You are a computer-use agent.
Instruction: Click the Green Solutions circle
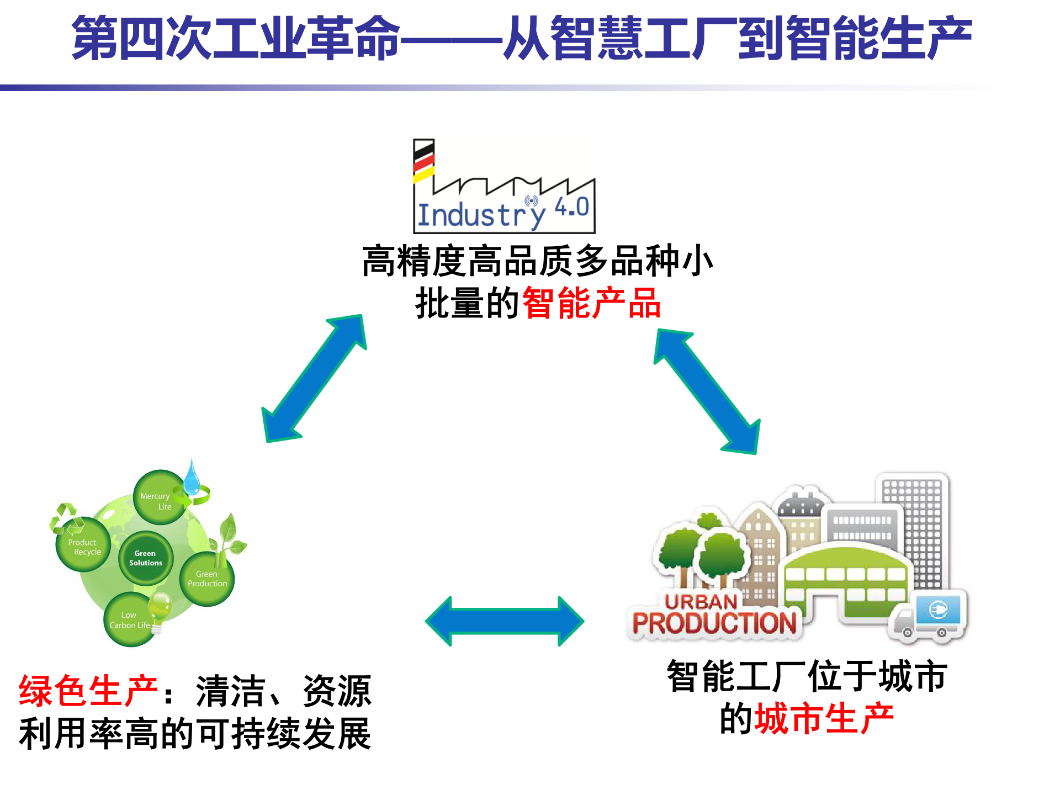[146, 558]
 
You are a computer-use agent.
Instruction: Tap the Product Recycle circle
[83, 545]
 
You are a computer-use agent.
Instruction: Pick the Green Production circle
[207, 579]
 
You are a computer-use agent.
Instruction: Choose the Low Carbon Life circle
[129, 620]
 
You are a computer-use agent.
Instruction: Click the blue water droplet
[192, 479]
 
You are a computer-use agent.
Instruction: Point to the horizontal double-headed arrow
[505, 621]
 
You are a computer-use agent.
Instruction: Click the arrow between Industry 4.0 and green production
[314, 378]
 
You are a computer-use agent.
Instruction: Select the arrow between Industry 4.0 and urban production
[707, 391]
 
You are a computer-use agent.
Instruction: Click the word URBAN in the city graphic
[701, 602]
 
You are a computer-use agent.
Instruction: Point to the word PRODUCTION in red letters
[714, 624]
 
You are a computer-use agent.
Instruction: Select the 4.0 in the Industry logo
[572, 208]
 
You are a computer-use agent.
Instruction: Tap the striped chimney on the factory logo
[424, 160]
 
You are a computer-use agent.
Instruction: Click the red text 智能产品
[591, 303]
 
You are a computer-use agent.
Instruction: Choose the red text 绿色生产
[88, 691]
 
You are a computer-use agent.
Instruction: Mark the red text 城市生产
[824, 719]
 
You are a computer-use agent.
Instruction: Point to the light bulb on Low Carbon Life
[160, 607]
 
